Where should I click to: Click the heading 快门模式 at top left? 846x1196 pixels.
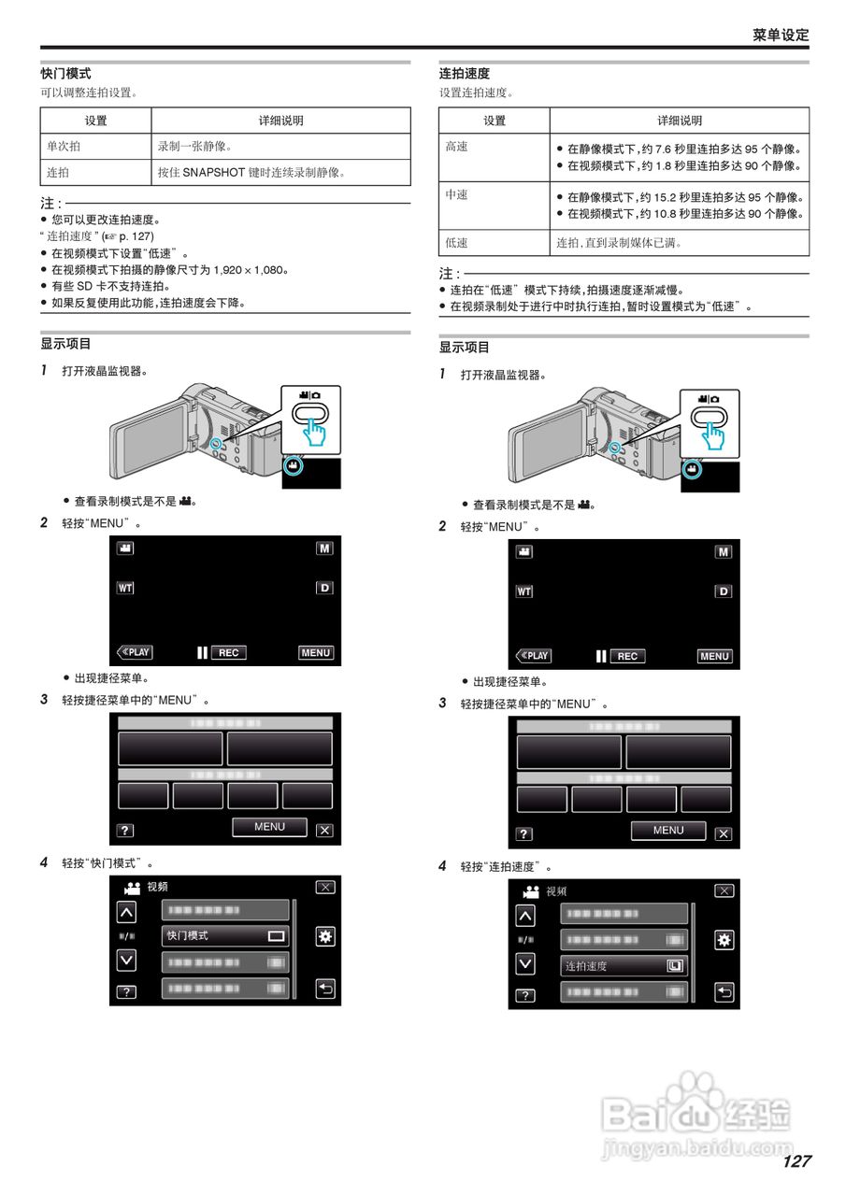65,74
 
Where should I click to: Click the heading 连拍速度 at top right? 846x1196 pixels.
465,74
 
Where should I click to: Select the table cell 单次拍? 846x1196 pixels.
64,147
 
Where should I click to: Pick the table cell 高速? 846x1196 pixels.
456,147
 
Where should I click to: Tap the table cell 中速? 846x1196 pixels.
456,194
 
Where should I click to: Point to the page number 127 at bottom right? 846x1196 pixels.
796,1161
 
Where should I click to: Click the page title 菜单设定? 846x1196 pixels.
781,35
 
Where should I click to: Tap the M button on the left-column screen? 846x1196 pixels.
324,548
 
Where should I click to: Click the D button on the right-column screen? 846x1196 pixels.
723,591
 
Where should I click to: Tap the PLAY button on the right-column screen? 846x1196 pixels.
534,656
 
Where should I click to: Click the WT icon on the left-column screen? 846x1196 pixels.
125,588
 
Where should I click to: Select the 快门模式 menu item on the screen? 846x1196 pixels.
225,935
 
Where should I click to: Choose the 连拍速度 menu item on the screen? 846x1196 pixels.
624,966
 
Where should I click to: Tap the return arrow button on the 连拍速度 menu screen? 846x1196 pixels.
724,992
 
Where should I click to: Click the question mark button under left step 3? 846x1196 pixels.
125,831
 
